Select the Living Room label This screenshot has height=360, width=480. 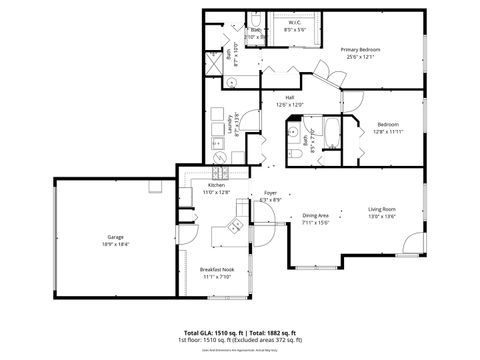(383, 208)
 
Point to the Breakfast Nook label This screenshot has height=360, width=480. (217, 270)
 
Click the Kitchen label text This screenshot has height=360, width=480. (216, 185)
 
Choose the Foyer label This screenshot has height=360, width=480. (270, 192)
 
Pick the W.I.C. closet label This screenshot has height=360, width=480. (295, 22)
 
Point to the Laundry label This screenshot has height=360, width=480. (229, 124)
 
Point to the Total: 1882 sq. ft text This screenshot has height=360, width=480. (277, 332)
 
